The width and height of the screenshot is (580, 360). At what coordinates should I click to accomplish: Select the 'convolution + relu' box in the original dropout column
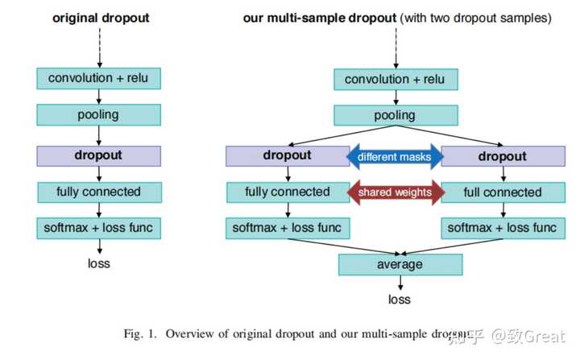(98, 78)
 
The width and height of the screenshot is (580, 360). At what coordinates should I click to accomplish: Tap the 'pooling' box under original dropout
(98, 114)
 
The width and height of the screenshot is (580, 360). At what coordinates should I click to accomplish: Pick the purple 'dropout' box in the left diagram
(98, 155)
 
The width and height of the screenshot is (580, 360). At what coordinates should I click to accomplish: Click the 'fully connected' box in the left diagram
(98, 192)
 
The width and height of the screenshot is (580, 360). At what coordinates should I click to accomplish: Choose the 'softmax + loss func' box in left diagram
(98, 228)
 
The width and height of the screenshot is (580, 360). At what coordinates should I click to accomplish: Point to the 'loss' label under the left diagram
(98, 263)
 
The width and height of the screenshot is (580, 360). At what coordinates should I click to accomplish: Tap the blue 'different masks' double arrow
(394, 157)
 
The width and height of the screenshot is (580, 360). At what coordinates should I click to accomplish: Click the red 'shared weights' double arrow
(394, 192)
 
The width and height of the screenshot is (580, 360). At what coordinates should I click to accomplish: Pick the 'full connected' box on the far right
(502, 192)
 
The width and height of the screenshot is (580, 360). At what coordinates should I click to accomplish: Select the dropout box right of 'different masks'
(502, 156)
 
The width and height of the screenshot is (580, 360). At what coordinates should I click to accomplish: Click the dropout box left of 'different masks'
(287, 155)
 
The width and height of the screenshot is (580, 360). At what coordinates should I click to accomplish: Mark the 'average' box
(400, 264)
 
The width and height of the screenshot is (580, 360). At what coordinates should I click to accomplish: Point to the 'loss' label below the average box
(400, 300)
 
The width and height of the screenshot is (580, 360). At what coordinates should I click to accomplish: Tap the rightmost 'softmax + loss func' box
(502, 228)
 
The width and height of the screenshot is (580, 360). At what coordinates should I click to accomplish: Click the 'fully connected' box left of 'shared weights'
(287, 192)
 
